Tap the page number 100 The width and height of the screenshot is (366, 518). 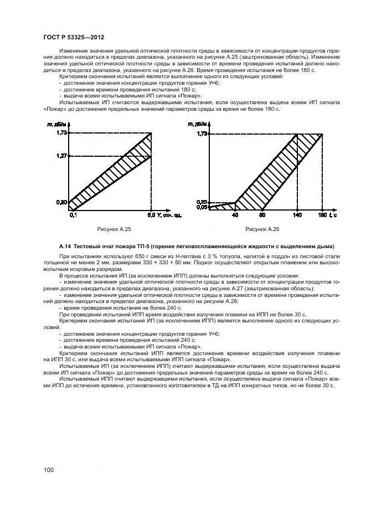coord(48,470)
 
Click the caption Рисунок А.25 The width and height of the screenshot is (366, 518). coord(115,228)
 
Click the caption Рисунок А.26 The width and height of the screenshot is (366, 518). coord(262,228)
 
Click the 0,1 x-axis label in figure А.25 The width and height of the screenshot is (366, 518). coord(73,214)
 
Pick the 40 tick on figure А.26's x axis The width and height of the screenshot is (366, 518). coord(235,214)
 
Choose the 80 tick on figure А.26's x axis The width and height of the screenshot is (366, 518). coord(262,214)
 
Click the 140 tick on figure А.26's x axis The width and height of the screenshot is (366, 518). coord(297,214)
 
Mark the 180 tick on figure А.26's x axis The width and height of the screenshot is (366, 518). coord(322,214)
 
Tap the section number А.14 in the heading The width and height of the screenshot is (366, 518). coord(66,246)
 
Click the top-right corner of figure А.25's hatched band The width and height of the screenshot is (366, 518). coord(151,133)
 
